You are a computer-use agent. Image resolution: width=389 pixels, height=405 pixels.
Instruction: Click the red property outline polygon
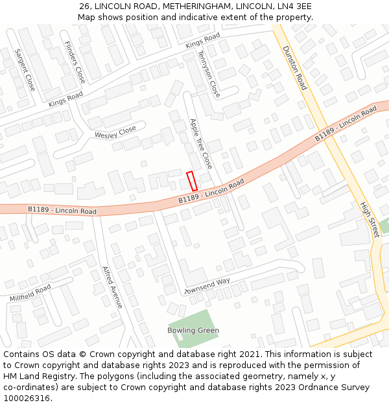192,181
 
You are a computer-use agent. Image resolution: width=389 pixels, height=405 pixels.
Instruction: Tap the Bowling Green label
193,330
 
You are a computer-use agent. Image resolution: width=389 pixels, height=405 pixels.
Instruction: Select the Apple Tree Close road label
200,143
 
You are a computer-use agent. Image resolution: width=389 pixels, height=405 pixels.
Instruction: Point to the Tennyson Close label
209,74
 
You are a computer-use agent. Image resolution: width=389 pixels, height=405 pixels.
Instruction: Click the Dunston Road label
294,67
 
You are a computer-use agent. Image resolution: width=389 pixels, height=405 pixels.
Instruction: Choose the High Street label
369,219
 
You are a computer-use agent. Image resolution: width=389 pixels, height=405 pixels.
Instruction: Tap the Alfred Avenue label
112,287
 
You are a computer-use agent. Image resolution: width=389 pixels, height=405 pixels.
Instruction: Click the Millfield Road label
30,293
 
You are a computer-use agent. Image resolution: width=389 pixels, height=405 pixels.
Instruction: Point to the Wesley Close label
115,132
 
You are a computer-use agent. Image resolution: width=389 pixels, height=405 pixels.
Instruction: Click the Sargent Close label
25,69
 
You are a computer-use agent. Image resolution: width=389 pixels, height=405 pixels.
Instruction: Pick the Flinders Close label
75,62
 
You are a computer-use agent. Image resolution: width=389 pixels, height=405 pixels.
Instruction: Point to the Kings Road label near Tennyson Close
202,40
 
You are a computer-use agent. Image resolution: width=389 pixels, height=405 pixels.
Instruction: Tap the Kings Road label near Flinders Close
65,99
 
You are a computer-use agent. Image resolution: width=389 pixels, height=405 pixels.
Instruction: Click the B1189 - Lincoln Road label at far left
62,211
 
